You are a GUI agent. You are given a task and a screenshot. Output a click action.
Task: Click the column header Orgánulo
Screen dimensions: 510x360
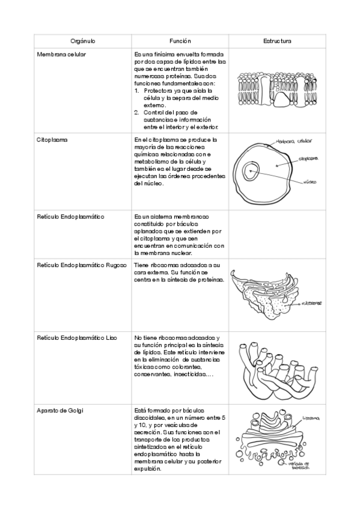[83, 41]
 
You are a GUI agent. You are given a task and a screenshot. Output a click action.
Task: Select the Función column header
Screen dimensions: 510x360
[180, 41]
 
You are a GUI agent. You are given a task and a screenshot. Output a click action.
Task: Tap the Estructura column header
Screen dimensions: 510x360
[277, 41]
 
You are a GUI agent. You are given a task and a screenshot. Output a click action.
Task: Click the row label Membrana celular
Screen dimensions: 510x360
[61, 54]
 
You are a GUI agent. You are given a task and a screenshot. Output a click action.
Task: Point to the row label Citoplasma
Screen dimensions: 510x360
[52, 140]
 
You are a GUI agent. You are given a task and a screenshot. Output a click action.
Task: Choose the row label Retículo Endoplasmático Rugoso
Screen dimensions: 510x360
[81, 265]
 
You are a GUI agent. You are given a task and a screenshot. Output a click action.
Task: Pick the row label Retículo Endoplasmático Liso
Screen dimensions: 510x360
[77, 338]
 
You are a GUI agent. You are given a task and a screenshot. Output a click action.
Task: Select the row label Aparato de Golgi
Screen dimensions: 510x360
[60, 411]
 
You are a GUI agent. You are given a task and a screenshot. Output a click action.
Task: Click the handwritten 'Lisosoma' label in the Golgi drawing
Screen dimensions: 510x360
[311, 417]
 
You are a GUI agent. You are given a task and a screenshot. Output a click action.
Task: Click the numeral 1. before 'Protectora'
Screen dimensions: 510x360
[137, 91]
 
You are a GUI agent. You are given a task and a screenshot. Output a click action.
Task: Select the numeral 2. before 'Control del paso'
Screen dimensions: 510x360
[137, 112]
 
